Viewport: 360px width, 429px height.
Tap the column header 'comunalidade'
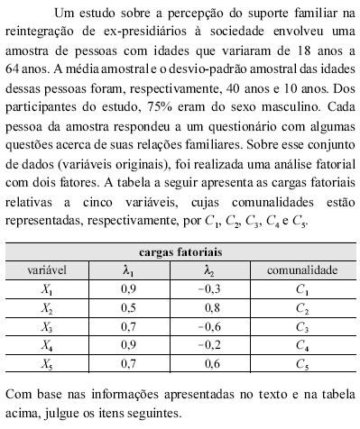(301, 269)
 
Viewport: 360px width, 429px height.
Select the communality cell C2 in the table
(301, 307)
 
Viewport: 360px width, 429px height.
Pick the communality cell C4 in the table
(301, 345)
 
